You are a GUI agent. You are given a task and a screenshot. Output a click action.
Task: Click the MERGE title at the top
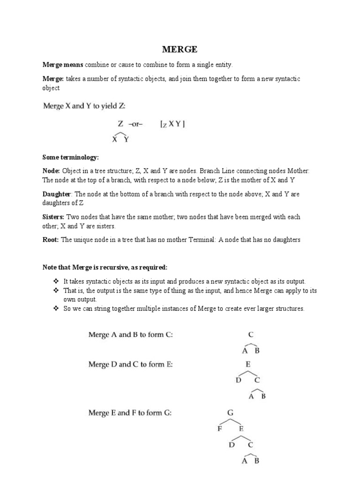click(180, 49)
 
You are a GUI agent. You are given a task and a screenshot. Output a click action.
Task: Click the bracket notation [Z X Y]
click(173, 124)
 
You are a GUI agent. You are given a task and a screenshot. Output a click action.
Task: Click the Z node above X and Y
click(120, 124)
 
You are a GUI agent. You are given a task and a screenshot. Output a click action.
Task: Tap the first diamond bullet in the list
click(56, 281)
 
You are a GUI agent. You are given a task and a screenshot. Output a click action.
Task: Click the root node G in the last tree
click(230, 413)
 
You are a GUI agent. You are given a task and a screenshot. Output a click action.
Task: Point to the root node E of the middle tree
click(248, 364)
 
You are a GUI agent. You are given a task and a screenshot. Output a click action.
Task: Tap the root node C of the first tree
click(251, 335)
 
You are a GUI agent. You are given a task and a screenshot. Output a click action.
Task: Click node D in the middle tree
click(238, 380)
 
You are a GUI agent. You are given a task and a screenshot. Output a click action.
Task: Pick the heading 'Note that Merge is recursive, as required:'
click(105, 267)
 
